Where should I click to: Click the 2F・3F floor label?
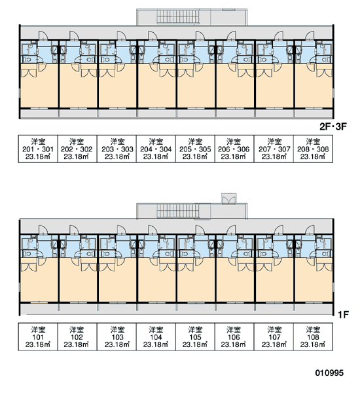click(x=333, y=126)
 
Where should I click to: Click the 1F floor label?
click(x=343, y=314)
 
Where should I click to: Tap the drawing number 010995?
click(x=329, y=373)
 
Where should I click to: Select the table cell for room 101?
click(x=38, y=337)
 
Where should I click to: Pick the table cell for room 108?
click(x=313, y=337)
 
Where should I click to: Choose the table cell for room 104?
click(x=156, y=337)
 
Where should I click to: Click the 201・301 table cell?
click(x=38, y=149)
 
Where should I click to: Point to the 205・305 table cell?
click(x=195, y=149)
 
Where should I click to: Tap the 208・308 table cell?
click(x=313, y=149)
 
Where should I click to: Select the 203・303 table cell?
click(x=117, y=149)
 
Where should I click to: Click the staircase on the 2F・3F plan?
click(x=178, y=17)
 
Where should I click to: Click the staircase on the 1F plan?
click(x=178, y=211)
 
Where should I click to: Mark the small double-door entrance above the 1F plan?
click(x=229, y=198)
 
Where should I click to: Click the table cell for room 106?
click(x=234, y=337)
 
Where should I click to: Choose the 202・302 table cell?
click(x=77, y=149)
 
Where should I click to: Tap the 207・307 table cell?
click(x=274, y=149)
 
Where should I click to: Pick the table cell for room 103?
click(x=117, y=337)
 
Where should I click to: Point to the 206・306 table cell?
click(x=234, y=149)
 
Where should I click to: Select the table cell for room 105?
click(x=195, y=337)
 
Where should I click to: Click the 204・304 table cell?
click(x=156, y=149)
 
